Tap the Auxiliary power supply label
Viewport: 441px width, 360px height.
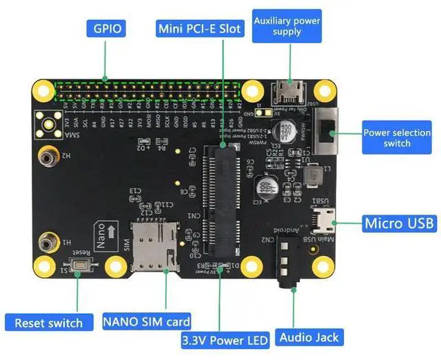pyautogui.click(x=287, y=26)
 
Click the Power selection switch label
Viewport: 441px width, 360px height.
pyautogui.click(x=396, y=138)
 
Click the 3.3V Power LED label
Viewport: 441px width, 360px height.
pyautogui.click(x=221, y=340)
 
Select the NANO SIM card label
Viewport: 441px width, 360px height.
pyautogui.click(x=147, y=321)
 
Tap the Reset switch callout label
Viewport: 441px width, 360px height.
pyautogui.click(x=48, y=323)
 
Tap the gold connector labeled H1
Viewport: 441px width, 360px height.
pyautogui.click(x=47, y=242)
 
